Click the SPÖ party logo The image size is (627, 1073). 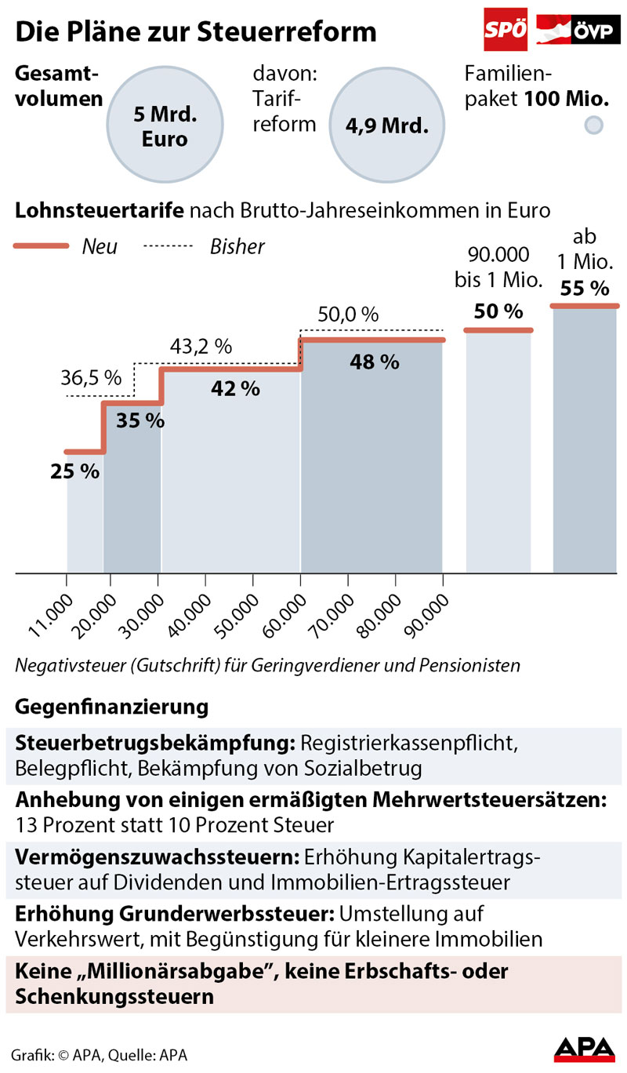[506, 31]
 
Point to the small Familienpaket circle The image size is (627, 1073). [595, 125]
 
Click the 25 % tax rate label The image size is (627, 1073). [75, 471]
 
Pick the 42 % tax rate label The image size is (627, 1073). [235, 388]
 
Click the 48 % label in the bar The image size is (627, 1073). [375, 362]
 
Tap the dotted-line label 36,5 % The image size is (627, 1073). [91, 378]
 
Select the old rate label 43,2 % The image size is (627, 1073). [201, 346]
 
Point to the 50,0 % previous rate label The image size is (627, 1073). [348, 315]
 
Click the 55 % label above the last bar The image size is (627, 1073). [584, 289]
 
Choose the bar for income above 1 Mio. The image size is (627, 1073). [585, 439]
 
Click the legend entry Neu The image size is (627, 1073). [100, 246]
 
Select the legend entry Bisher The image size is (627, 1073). [237, 246]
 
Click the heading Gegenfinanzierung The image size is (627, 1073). [111, 707]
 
